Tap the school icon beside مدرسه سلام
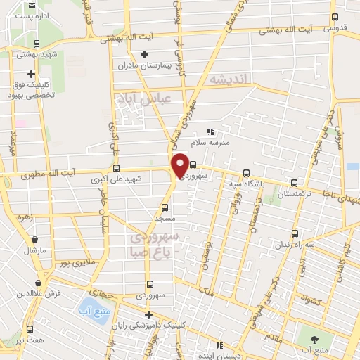210,131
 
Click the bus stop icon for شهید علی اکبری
116,168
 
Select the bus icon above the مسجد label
165,207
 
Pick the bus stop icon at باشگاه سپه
246,173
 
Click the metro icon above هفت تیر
29,329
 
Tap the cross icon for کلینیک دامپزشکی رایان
147,314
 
